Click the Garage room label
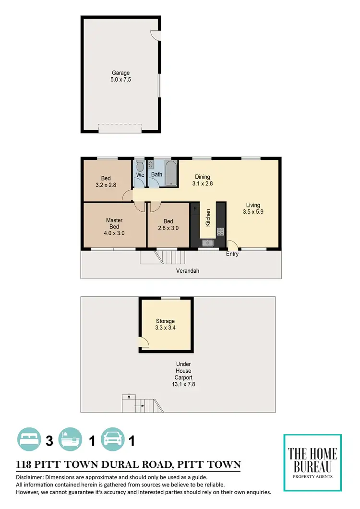point(121,73)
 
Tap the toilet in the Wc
point(140,167)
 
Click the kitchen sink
point(207,242)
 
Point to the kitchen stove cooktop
point(220,231)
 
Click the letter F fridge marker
point(194,209)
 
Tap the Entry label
point(232,254)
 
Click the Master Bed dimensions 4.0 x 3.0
point(114,233)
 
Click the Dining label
point(202,177)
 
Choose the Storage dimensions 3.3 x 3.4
point(165,328)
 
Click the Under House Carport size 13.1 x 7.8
point(183,385)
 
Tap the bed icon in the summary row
point(29,440)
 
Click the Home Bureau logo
point(312,462)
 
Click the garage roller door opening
point(120,128)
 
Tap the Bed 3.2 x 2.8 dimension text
point(106,185)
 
